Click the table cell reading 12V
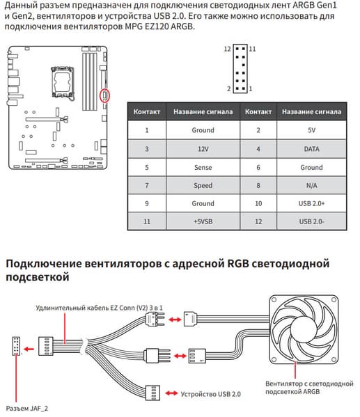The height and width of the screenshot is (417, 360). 203,149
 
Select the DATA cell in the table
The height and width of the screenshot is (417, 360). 311,149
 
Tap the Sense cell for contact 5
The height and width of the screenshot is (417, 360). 203,167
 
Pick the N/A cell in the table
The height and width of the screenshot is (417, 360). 311,185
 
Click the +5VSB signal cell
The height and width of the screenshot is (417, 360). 203,221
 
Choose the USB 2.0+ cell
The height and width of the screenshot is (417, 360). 311,203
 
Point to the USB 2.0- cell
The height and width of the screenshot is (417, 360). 311,221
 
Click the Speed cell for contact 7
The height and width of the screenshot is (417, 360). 203,185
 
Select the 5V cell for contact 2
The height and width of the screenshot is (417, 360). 311,130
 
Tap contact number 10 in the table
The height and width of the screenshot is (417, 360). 258,203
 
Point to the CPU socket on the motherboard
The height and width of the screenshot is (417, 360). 62,81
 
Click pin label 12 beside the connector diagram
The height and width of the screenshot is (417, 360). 227,49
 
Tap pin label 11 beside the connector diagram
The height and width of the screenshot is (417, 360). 252,49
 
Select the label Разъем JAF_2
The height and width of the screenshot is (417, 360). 27,408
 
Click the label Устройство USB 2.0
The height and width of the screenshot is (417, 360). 211,394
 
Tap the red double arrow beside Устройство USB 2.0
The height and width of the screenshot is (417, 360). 171,393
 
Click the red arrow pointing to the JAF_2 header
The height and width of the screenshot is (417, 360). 29,349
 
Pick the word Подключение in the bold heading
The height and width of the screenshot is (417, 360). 44,264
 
